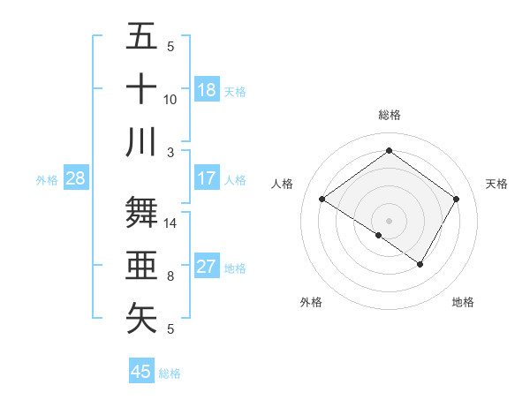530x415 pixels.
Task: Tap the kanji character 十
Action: [x=141, y=89]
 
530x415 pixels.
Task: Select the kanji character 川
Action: [x=141, y=141]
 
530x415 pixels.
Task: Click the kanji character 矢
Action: [x=141, y=318]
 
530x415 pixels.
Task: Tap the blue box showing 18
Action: [x=207, y=89]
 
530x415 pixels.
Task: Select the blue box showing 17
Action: [x=207, y=178]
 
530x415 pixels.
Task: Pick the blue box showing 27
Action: [x=207, y=267]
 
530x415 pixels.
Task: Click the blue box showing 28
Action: [x=75, y=178]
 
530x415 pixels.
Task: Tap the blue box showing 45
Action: [x=141, y=372]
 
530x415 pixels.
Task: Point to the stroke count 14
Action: [x=170, y=223]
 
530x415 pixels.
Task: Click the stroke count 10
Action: [x=170, y=99]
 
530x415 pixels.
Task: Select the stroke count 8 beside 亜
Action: [x=170, y=276]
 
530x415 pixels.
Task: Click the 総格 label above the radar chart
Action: [x=389, y=115]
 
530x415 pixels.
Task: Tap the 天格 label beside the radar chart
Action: [x=497, y=184]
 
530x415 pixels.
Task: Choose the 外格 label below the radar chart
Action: [x=311, y=302]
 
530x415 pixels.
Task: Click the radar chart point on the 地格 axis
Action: [x=420, y=264]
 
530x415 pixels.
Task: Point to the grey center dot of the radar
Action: [x=389, y=220]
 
